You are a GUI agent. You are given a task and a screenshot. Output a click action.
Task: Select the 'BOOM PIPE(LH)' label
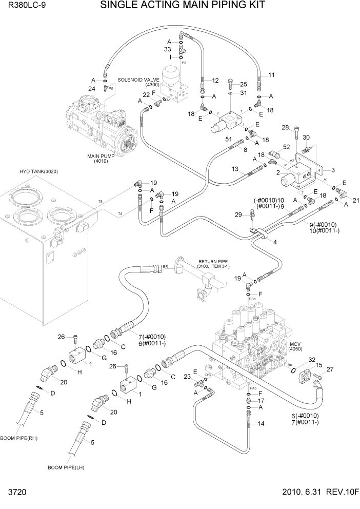pyautogui.click(x=65, y=467)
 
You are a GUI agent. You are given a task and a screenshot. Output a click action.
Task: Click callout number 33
pyautogui.click(x=167, y=49)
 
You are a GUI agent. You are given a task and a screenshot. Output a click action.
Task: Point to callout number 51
pyautogui.click(x=228, y=139)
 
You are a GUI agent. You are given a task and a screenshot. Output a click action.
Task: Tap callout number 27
pyautogui.click(x=330, y=369)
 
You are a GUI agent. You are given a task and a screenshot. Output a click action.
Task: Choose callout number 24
pyautogui.click(x=93, y=88)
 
